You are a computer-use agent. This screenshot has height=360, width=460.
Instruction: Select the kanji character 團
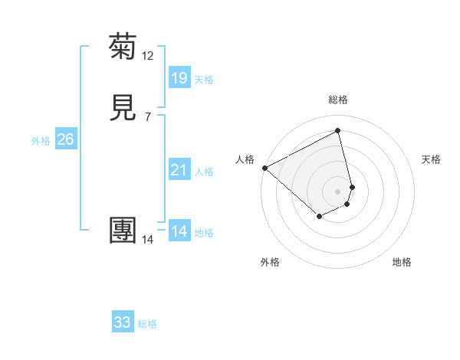[123, 231]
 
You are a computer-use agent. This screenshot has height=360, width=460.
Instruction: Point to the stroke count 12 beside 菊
[148, 56]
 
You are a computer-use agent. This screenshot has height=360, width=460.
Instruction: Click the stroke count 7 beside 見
[148, 117]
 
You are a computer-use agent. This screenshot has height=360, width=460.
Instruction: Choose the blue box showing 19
[179, 78]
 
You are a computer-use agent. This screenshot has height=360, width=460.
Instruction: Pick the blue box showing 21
[179, 170]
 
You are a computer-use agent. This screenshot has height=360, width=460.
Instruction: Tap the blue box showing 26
[66, 139]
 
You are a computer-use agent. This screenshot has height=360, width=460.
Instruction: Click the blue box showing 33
[123, 322]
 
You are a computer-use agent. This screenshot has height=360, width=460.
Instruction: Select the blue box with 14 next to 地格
[179, 231]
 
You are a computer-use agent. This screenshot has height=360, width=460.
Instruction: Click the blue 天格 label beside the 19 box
[204, 80]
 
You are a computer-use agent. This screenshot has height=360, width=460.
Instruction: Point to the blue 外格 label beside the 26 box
[41, 141]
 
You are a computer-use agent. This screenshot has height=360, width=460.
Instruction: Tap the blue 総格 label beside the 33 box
[147, 324]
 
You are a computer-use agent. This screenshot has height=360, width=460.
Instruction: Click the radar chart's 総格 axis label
[338, 100]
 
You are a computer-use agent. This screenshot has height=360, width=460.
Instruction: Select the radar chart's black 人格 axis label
[245, 159]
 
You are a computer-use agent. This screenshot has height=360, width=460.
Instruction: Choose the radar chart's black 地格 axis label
[402, 262]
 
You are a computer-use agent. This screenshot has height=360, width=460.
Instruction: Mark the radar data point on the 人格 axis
[264, 167]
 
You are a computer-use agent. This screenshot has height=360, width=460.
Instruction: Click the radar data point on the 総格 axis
[338, 131]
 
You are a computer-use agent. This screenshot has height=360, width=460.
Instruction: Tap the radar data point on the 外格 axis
[319, 217]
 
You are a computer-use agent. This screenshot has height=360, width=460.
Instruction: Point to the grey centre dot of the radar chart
[338, 191]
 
